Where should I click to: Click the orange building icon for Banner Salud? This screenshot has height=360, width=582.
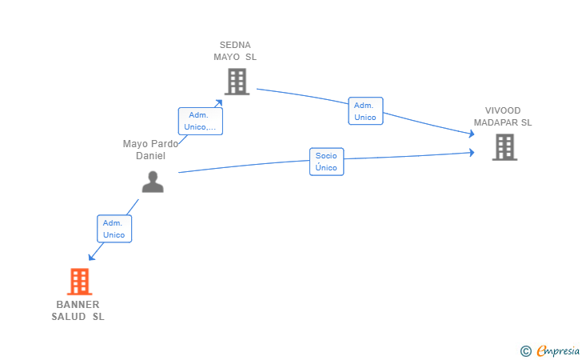(x=79, y=282)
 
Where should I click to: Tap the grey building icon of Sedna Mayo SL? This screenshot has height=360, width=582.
(x=237, y=82)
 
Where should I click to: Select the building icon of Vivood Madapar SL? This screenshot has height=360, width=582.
(x=504, y=147)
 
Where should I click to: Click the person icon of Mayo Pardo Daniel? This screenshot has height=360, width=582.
(x=153, y=182)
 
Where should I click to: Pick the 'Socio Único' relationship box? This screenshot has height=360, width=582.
(x=327, y=162)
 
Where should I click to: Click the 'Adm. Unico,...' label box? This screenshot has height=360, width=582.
(x=201, y=121)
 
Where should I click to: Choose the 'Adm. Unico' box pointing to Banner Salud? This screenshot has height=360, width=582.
(x=114, y=229)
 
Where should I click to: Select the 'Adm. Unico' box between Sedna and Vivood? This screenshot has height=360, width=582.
(x=365, y=111)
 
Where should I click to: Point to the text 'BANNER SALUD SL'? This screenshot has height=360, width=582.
(x=78, y=310)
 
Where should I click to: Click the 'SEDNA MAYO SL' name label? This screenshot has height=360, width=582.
(x=235, y=51)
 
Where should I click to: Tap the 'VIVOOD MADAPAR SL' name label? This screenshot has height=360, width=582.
(x=503, y=117)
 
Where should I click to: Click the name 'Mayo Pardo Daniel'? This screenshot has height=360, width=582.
(x=150, y=150)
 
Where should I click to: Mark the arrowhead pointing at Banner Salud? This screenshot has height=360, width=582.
(x=91, y=257)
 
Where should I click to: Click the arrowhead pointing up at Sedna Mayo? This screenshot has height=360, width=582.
(x=219, y=103)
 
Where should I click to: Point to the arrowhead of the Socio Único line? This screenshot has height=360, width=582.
(x=472, y=152)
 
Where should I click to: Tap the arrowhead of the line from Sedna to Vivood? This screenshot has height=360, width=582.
(x=472, y=134)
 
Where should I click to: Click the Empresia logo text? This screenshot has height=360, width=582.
(x=558, y=351)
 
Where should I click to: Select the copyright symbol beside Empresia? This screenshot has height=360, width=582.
(x=526, y=351)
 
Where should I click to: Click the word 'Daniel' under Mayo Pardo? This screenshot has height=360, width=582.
(x=150, y=156)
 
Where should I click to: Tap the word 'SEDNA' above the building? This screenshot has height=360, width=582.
(x=235, y=45)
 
